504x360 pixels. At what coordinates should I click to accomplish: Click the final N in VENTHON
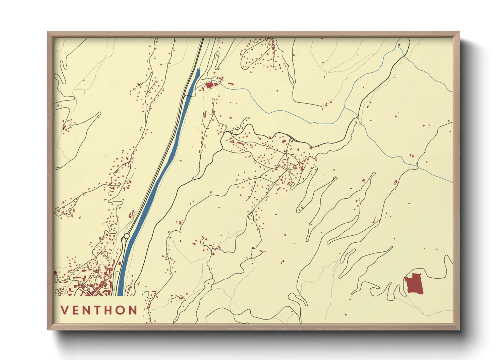tap(134, 310)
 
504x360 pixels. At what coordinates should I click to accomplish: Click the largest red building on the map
tap(414, 283)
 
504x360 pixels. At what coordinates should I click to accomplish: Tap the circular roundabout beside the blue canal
tap(126, 236)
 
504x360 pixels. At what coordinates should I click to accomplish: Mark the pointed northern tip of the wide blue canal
tap(199, 69)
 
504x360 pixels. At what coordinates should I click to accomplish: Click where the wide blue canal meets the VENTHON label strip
tap(120, 295)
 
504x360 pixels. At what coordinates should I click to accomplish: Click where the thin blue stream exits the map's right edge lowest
tap(452, 182)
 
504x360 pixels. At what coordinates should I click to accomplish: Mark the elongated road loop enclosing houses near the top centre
tap(259, 56)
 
